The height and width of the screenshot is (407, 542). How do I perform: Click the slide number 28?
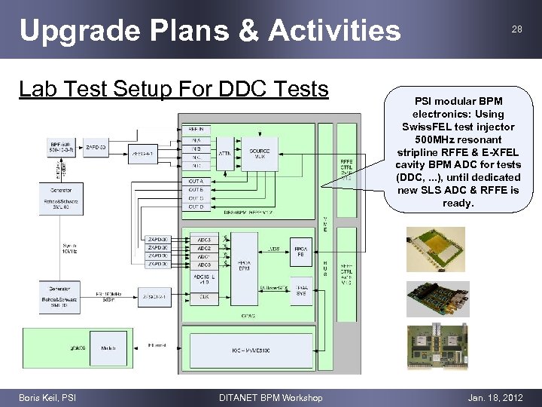point(516,29)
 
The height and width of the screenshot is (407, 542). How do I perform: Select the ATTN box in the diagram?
point(224,153)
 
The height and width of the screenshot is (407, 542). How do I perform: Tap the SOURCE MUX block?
point(260,153)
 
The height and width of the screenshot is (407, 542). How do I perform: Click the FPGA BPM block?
point(243,264)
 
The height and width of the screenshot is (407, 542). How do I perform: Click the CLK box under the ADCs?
point(203,298)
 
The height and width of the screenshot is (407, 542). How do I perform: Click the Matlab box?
point(108,348)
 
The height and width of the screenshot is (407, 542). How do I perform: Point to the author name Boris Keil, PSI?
point(47,397)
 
